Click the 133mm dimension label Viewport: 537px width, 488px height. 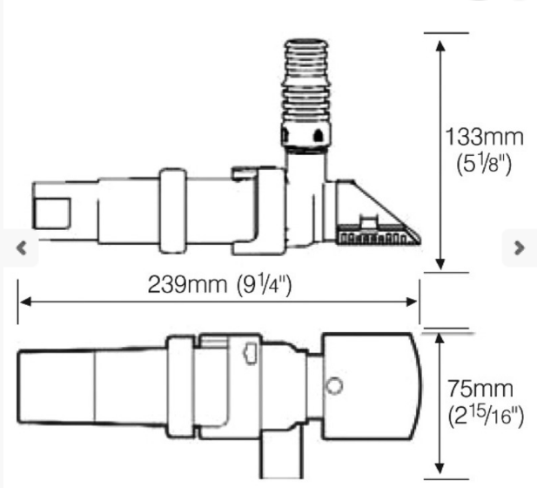tap(485, 137)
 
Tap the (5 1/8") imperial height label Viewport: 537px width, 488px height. tap(484, 164)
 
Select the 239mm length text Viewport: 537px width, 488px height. tap(187, 284)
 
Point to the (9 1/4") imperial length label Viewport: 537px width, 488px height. tap(264, 285)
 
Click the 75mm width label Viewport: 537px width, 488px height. tap(480, 389)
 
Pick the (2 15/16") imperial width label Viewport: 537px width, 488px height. tap(486, 416)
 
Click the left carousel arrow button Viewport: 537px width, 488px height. tap(22, 248)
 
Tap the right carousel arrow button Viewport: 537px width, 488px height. tap(520, 248)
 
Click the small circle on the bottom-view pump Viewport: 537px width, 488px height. tap(334, 386)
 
